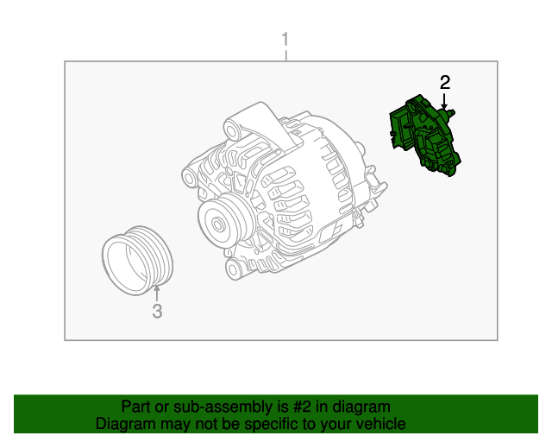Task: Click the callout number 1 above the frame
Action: tap(286, 41)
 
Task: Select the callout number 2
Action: tap(445, 83)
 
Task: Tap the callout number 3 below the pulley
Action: tap(157, 312)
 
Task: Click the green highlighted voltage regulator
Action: tap(423, 134)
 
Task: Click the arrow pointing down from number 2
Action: tap(445, 102)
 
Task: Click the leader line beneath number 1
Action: tap(286, 56)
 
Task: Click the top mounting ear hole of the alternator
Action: tap(232, 130)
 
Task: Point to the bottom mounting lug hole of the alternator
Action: tap(233, 270)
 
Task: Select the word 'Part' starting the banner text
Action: tap(135, 407)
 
